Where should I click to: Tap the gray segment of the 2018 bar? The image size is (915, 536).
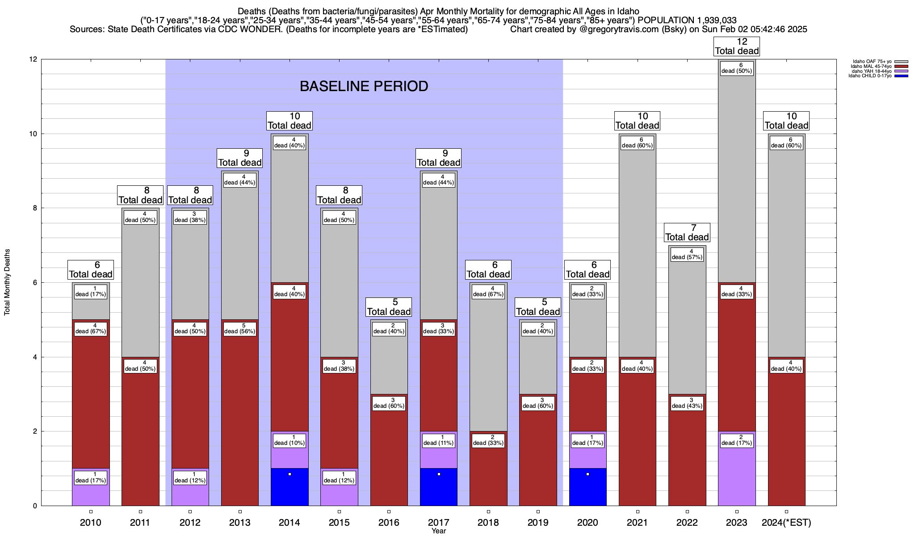(488, 357)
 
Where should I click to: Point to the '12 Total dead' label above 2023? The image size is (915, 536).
(737, 46)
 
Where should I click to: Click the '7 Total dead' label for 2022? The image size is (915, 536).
(687, 233)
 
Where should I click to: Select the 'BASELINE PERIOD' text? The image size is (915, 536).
(364, 86)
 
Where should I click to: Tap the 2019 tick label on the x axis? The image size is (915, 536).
(538, 523)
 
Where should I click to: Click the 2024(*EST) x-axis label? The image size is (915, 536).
(786, 523)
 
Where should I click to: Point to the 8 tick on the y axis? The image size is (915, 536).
(34, 208)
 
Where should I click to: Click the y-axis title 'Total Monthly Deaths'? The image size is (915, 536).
(7, 282)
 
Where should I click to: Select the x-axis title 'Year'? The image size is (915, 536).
(439, 531)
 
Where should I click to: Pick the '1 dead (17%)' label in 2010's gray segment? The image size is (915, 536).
(91, 291)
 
